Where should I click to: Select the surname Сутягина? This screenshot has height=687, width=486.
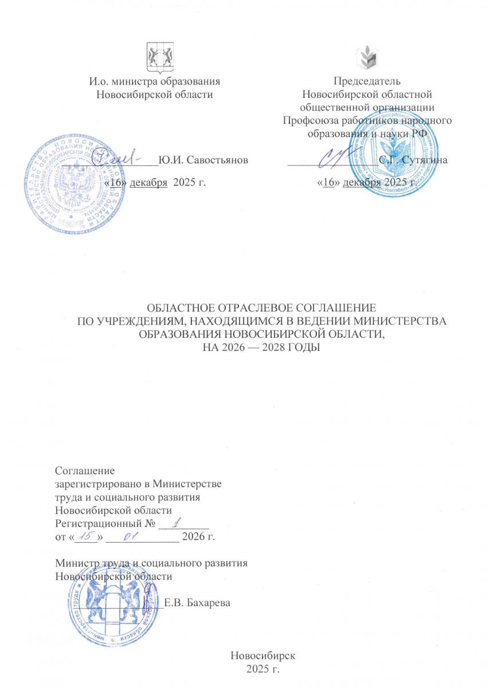(x=424, y=160)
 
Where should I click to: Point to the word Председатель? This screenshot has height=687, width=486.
(x=367, y=82)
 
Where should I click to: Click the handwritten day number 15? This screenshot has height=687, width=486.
(x=88, y=536)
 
